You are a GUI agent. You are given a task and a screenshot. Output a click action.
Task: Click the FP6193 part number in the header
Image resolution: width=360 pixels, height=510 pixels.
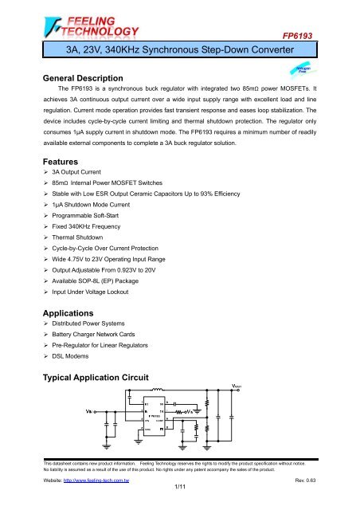329,36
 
